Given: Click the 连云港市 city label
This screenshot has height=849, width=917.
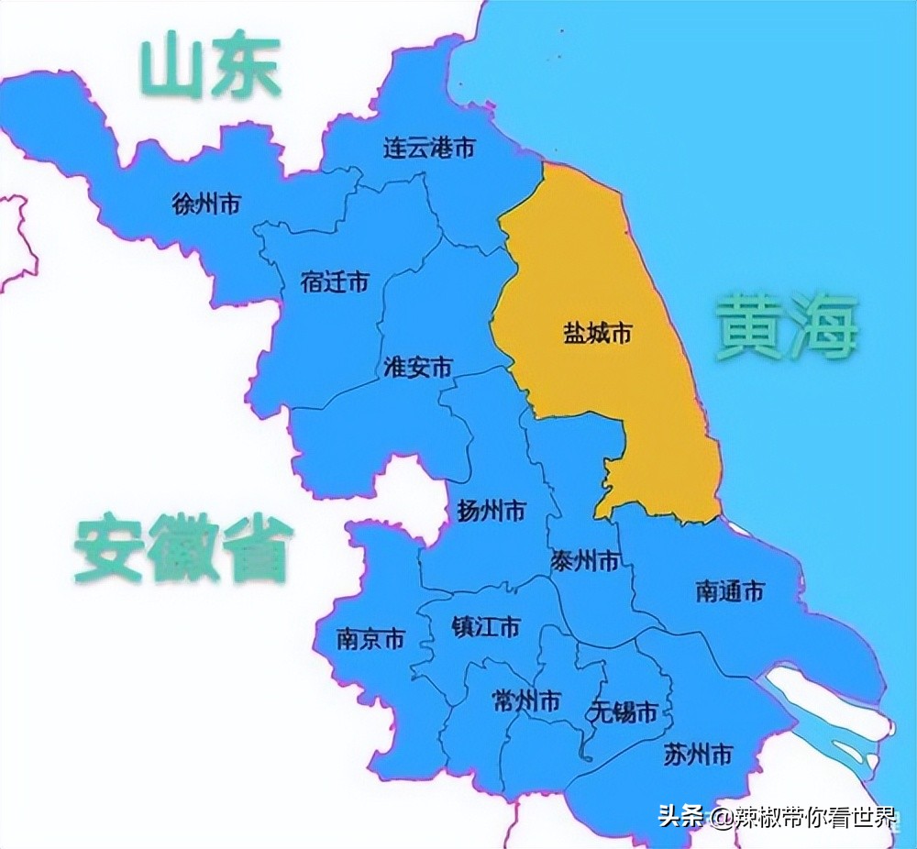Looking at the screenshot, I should click(429, 148).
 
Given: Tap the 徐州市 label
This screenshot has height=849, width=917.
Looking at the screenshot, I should click(206, 204).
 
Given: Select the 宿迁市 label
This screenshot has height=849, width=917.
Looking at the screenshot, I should click(335, 282).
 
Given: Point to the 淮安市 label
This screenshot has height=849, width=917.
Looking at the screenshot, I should click(417, 368).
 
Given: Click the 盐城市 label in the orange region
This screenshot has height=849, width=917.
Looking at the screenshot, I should click(598, 334).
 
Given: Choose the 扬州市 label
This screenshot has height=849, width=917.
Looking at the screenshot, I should click(492, 511).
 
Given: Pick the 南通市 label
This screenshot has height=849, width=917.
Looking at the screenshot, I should click(730, 591).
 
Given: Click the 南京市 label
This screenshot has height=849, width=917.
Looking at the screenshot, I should click(370, 639).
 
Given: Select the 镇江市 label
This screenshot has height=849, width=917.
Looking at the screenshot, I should click(486, 627).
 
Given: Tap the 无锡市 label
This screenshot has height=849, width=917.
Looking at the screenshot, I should click(624, 711).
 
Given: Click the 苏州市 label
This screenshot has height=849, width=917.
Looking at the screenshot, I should click(698, 755).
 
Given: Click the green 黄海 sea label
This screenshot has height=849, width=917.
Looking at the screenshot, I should click(787, 327).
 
